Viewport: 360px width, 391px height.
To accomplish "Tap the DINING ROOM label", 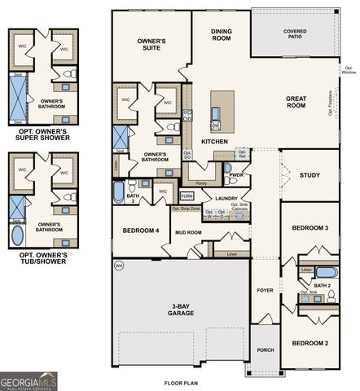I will tap(222, 35).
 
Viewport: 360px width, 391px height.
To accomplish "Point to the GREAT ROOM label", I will tap(296, 101).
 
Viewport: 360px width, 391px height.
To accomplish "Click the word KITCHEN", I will tap(214, 141).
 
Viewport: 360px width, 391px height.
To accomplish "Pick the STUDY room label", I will tap(310, 174).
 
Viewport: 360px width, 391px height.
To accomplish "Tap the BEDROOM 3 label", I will tap(310, 227).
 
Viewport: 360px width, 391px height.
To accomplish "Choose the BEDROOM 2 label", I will tap(310, 343).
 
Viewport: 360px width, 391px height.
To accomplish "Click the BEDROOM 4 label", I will tap(141, 231).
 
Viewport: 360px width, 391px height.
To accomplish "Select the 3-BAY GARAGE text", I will tap(180, 310).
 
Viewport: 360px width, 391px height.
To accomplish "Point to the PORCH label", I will tap(265, 349).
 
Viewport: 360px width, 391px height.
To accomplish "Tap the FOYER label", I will tap(265, 289).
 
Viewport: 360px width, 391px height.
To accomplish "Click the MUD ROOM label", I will tap(188, 233).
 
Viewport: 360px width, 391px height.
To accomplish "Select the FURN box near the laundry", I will tap(187, 196).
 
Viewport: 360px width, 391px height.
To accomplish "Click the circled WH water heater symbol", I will tap(119, 266).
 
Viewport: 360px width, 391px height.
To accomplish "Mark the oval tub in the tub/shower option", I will tap(18, 235).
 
